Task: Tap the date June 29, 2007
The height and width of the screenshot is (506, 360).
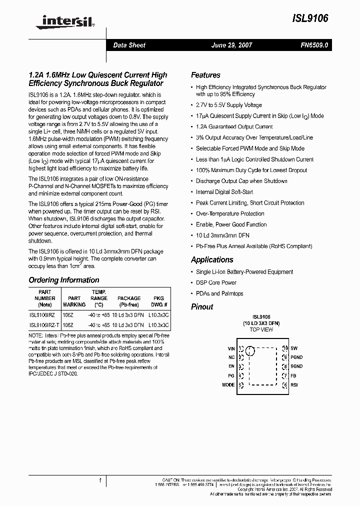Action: pyautogui.click(x=232, y=45)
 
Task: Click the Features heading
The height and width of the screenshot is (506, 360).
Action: pyautogui.click(x=205, y=75)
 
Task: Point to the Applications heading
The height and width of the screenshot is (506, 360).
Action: pyautogui.click(x=212, y=259)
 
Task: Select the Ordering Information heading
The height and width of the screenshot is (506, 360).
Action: pyautogui.click(x=64, y=280)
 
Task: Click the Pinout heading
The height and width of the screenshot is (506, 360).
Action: pyautogui.click(x=202, y=306)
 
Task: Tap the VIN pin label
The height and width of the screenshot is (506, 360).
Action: pyautogui.click(x=230, y=348)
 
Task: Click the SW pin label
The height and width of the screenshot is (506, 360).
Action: pyautogui.click(x=293, y=348)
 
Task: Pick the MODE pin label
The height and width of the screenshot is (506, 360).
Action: pyautogui.click(x=228, y=385)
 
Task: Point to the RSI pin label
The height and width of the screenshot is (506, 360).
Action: pyautogui.click(x=294, y=385)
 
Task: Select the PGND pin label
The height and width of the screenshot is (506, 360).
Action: pyautogui.click(x=296, y=357)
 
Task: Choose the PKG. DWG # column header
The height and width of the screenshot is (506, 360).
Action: pyautogui.click(x=159, y=301)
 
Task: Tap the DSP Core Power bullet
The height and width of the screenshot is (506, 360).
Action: pyautogui.click(x=216, y=282)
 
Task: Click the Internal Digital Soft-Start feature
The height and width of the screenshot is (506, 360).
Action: pyautogui.click(x=224, y=192)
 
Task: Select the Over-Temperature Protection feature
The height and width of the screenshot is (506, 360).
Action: pyautogui.click(x=230, y=213)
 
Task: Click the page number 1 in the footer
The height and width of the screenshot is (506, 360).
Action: pyautogui.click(x=100, y=481)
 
